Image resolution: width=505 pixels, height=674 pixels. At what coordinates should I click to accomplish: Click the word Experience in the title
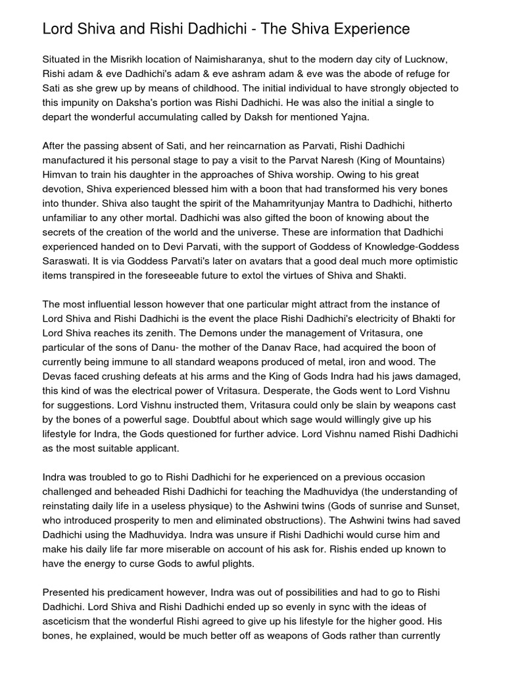coord(367,29)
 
